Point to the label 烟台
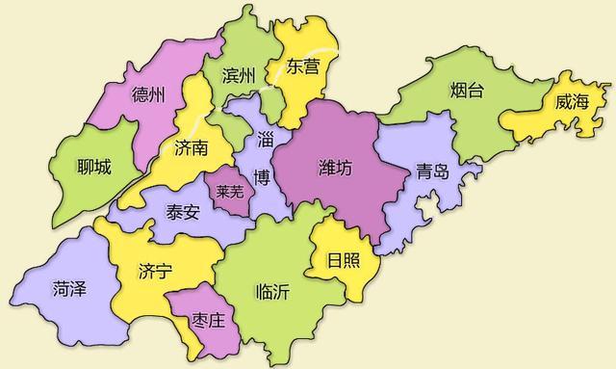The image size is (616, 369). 467,92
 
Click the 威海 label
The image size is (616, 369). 571,103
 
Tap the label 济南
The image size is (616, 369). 192,148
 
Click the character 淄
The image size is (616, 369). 264,140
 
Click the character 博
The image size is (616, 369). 262,175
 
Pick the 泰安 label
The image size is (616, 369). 183,212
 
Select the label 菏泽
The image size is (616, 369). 69,287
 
